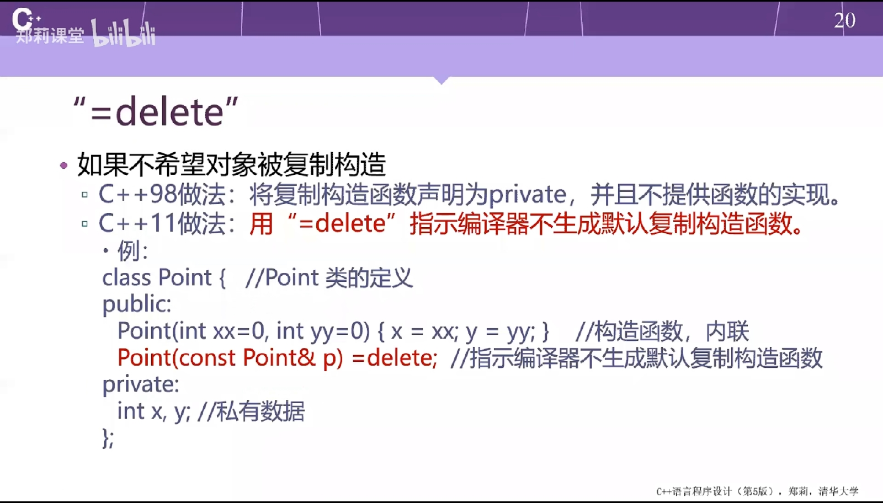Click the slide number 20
click(845, 20)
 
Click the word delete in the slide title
click(169, 113)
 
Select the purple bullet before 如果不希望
click(63, 165)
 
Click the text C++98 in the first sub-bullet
click(137, 194)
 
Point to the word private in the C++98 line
click(528, 195)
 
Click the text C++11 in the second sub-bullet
click(137, 223)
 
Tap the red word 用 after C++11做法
click(261, 224)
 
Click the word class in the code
click(126, 277)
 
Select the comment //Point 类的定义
click(329, 277)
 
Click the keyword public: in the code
click(137, 305)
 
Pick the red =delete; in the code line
click(395, 357)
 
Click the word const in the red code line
click(207, 357)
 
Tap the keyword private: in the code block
click(141, 384)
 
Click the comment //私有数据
click(251, 411)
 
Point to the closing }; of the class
click(108, 437)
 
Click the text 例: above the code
click(132, 250)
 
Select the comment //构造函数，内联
click(662, 331)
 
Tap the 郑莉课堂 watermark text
click(50, 35)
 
